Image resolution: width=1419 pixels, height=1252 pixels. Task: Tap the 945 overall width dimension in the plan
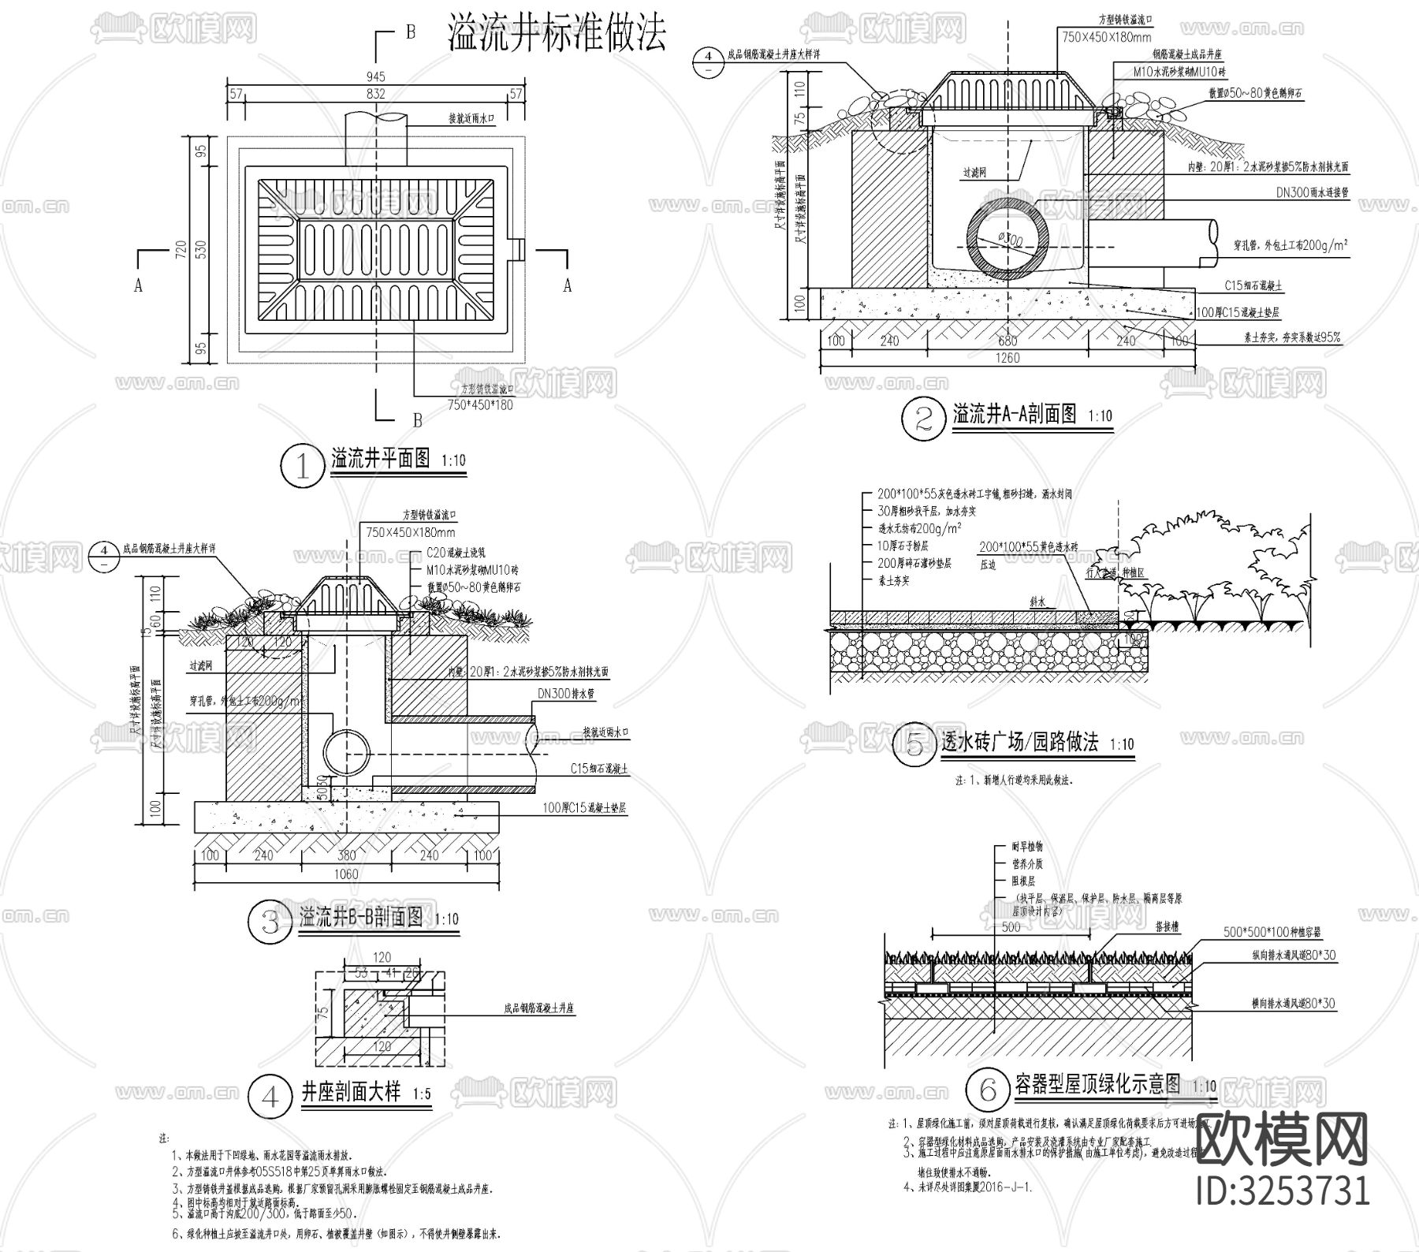tap(376, 76)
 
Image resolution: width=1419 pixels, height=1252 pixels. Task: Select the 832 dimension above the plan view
tap(376, 94)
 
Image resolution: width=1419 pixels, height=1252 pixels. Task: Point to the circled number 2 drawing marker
tap(924, 419)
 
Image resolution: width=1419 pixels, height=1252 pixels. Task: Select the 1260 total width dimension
tap(1007, 358)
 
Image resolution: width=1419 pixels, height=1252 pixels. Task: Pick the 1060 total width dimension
tap(346, 874)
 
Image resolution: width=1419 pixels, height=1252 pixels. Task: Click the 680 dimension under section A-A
tap(1007, 341)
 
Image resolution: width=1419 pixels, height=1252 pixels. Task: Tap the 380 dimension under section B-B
tap(346, 855)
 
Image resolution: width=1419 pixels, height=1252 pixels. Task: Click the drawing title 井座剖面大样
tap(351, 1093)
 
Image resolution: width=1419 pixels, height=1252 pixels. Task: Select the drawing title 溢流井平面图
tap(381, 458)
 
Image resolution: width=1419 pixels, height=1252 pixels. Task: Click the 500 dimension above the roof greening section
tap(1011, 927)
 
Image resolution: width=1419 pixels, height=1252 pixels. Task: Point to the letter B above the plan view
tap(411, 32)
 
